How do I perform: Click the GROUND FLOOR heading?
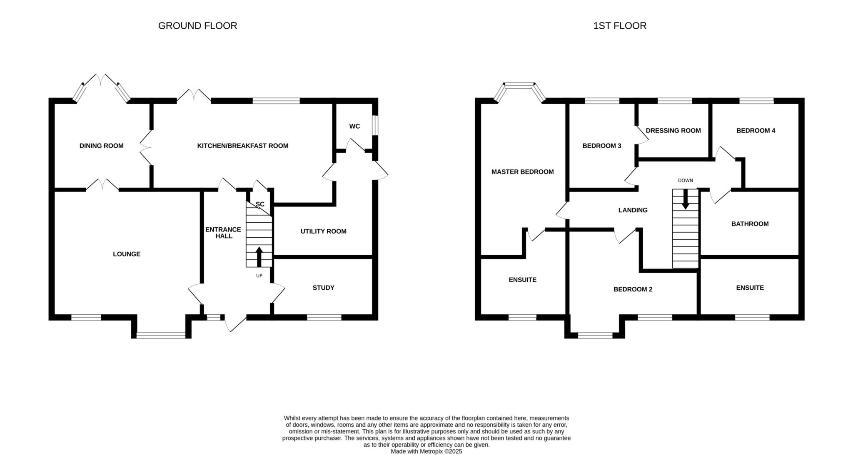[x=197, y=26]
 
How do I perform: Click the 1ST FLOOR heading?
[x=620, y=26]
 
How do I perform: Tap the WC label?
[x=354, y=126]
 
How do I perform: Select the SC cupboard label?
[x=260, y=204]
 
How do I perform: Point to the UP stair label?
[x=259, y=276]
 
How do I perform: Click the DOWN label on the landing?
[x=685, y=180]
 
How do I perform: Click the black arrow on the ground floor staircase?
[x=259, y=257]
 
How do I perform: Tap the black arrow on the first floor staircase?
[x=685, y=199]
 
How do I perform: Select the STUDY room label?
[x=324, y=288]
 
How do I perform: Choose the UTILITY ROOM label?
[x=324, y=231]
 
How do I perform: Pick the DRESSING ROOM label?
[x=673, y=130]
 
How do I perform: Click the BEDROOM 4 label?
[x=756, y=130]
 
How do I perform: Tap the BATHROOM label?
[x=750, y=224]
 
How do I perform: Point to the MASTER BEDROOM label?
[x=522, y=172]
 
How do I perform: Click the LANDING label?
[x=633, y=210]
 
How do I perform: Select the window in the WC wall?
[x=375, y=125]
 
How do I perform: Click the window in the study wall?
[x=324, y=317]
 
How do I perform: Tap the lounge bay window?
[x=161, y=335]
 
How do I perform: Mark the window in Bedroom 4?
[x=756, y=100]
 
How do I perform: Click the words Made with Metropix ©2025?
[x=426, y=451]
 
